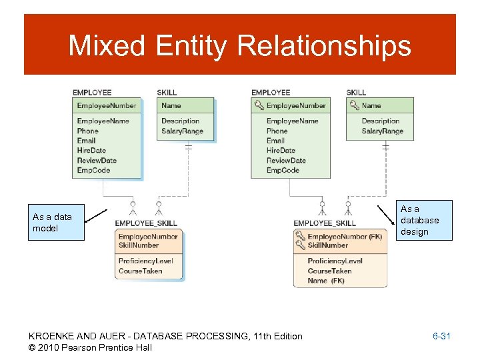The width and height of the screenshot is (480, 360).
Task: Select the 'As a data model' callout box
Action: click(56, 222)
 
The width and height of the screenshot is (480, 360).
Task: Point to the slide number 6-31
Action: click(441, 336)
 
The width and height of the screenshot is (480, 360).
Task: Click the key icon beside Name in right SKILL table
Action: click(353, 105)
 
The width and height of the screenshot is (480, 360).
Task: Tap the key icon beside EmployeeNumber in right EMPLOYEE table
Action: click(259, 105)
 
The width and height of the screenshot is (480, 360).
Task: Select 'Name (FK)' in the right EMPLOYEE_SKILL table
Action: click(326, 281)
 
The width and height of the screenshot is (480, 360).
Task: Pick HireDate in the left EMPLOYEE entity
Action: click(91, 151)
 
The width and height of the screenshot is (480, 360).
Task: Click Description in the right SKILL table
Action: click(380, 121)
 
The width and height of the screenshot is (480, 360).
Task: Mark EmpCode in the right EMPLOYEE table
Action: click(283, 171)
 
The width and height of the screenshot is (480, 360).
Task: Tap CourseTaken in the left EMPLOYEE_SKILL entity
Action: click(140, 271)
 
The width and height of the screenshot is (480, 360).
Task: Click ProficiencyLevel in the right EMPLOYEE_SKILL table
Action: click(335, 261)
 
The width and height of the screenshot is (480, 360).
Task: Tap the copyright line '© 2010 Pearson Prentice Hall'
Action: click(91, 347)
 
